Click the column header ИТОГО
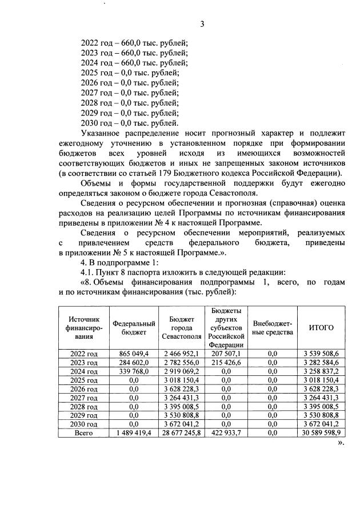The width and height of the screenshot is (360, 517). (321, 328)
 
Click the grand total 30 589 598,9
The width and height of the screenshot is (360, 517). (321, 433)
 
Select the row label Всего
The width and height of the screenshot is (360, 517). (84, 433)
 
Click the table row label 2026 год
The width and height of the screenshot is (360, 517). (84, 388)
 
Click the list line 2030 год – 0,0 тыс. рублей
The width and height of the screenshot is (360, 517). (130, 123)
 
